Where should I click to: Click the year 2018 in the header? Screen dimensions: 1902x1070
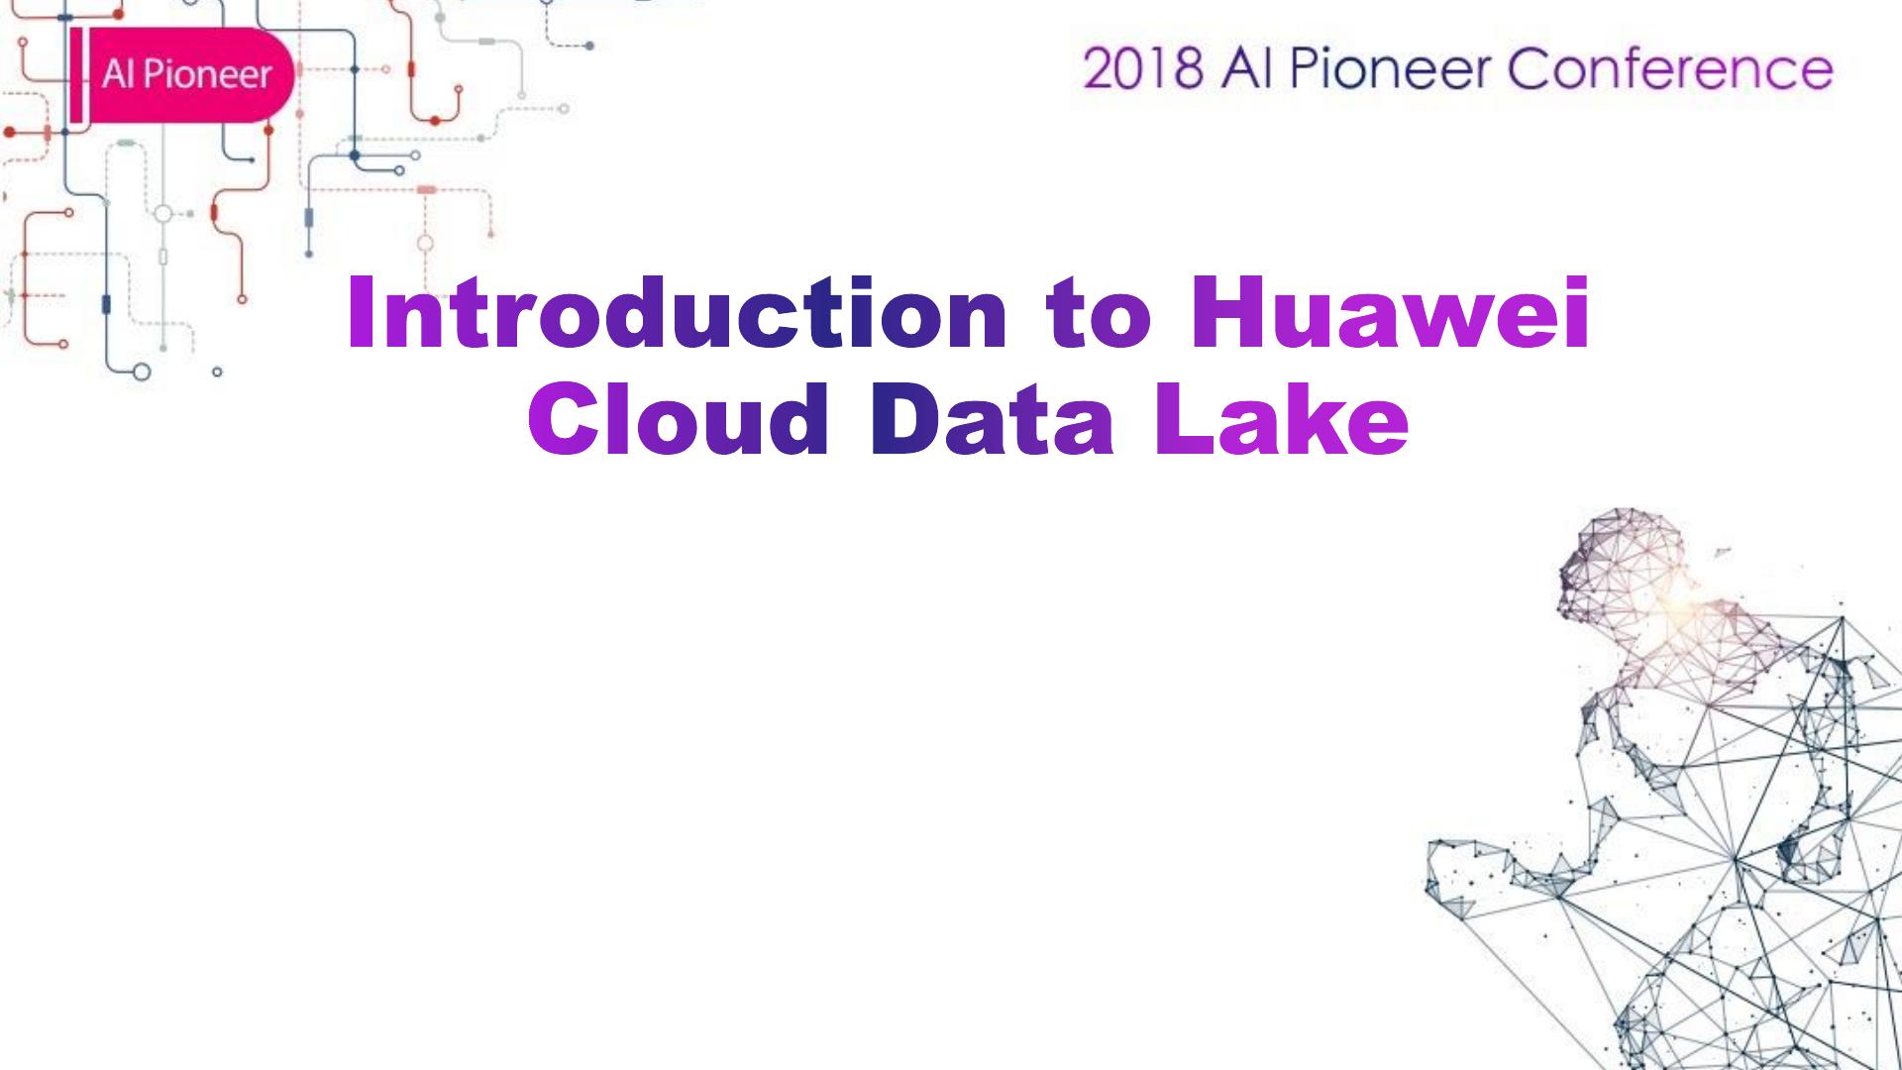[1144, 68]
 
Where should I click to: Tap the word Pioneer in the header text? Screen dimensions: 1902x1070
[1393, 68]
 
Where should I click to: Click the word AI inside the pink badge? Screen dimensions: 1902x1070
[117, 75]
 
